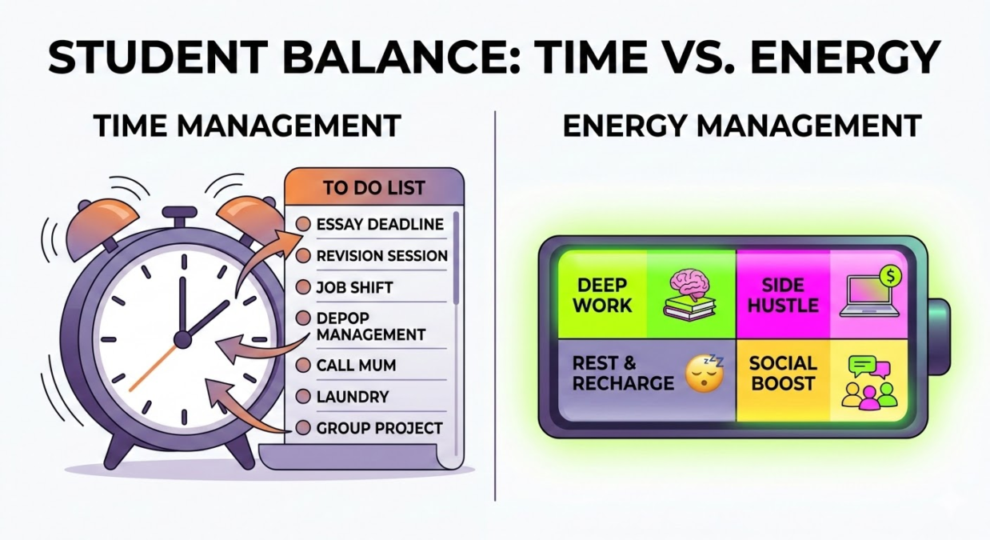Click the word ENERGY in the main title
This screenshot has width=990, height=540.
(845, 57)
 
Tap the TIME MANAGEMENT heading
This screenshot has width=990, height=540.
(248, 126)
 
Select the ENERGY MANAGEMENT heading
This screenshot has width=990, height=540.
(742, 126)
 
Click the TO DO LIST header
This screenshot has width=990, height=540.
(374, 188)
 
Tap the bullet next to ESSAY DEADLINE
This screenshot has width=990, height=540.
(303, 224)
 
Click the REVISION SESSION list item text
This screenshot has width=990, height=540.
(382, 256)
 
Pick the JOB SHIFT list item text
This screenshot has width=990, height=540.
(354, 288)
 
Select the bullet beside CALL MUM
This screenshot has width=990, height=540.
(303, 366)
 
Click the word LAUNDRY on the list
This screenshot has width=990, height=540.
(353, 397)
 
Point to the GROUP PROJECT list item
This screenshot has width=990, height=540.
(379, 428)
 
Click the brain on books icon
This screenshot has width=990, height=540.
(690, 295)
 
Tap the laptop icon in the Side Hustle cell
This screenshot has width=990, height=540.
(869, 296)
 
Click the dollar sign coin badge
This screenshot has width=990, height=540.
(891, 276)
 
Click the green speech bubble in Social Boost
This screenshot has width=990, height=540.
(862, 366)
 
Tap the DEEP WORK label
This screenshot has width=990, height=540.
(602, 295)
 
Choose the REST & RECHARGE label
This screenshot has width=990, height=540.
(623, 374)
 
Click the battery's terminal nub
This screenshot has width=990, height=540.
(938, 337)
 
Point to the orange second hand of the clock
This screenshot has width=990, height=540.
(154, 368)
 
